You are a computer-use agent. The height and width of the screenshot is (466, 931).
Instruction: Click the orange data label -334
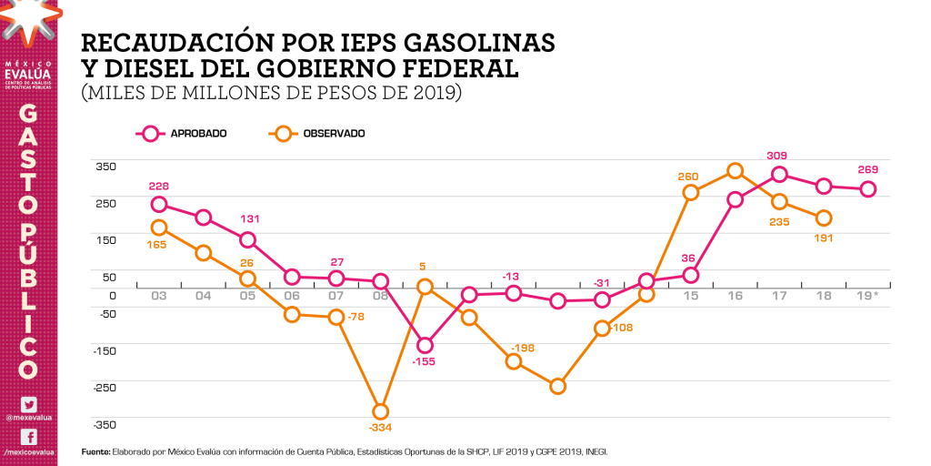coord(380,427)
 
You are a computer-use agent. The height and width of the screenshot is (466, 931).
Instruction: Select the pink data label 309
coord(776,156)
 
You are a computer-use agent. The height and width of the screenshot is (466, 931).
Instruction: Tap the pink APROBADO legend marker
coord(150,134)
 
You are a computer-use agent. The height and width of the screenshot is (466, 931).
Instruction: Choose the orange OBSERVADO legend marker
coord(284,134)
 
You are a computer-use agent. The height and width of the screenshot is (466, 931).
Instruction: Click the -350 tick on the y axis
coord(105,424)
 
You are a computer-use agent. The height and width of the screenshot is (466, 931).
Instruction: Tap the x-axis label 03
coord(159,296)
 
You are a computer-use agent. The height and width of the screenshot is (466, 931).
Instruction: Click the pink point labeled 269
coord(868,189)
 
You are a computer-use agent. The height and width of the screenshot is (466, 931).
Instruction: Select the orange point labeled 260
coord(690,193)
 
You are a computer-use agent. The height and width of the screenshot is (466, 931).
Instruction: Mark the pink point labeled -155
coord(425,345)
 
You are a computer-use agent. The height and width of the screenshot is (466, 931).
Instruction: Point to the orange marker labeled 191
coord(824,218)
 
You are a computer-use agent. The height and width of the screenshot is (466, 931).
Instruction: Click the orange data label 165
coord(156,245)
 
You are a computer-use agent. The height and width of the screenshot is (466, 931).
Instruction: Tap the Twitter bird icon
coord(28,405)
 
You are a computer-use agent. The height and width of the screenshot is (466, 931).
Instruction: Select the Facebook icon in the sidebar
coord(28,437)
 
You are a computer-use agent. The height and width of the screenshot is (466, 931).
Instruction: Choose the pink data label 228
coord(159,187)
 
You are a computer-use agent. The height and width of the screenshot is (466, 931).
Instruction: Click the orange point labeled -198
coord(514,361)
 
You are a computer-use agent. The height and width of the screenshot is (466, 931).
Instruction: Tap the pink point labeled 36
coord(690,275)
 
